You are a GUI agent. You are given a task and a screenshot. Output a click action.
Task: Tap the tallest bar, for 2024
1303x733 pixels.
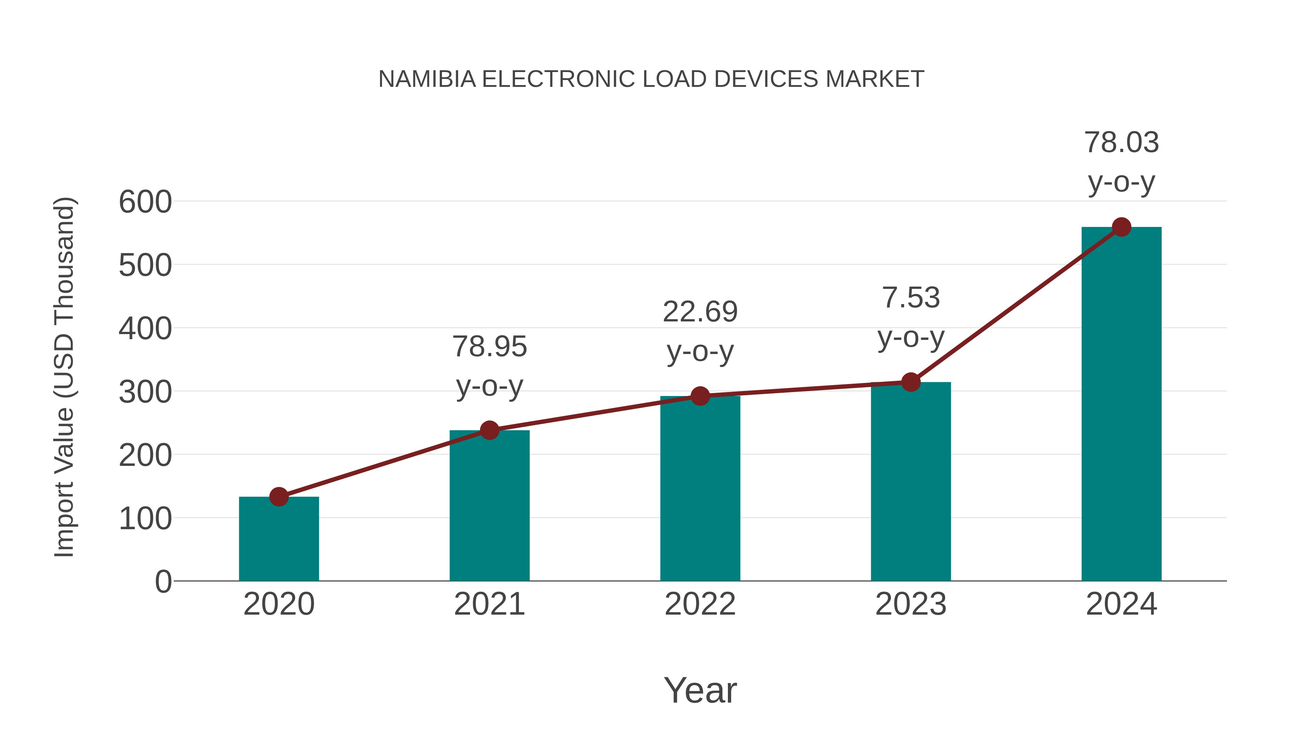click(x=1121, y=405)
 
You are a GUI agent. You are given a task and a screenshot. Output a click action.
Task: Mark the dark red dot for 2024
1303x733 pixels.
click(x=1121, y=227)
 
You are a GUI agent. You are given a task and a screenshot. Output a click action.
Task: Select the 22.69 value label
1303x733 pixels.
click(x=700, y=312)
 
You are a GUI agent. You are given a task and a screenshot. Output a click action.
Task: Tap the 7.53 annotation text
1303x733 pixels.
click(x=911, y=298)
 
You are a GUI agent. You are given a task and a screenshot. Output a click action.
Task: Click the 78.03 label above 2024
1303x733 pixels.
click(x=1121, y=143)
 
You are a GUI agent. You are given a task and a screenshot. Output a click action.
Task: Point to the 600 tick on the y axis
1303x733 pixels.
click(x=145, y=202)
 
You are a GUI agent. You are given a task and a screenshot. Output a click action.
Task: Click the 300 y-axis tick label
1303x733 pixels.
click(x=145, y=392)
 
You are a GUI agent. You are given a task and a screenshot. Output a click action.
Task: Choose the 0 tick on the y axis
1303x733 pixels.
click(x=163, y=582)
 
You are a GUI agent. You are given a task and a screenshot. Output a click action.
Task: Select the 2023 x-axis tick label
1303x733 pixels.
click(x=911, y=604)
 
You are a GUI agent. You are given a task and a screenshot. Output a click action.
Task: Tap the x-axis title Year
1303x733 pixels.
click(x=700, y=691)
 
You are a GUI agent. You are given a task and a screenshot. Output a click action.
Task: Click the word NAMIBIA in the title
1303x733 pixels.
click(x=427, y=79)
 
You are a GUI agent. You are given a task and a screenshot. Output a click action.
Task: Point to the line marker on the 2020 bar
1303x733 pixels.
click(x=279, y=497)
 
